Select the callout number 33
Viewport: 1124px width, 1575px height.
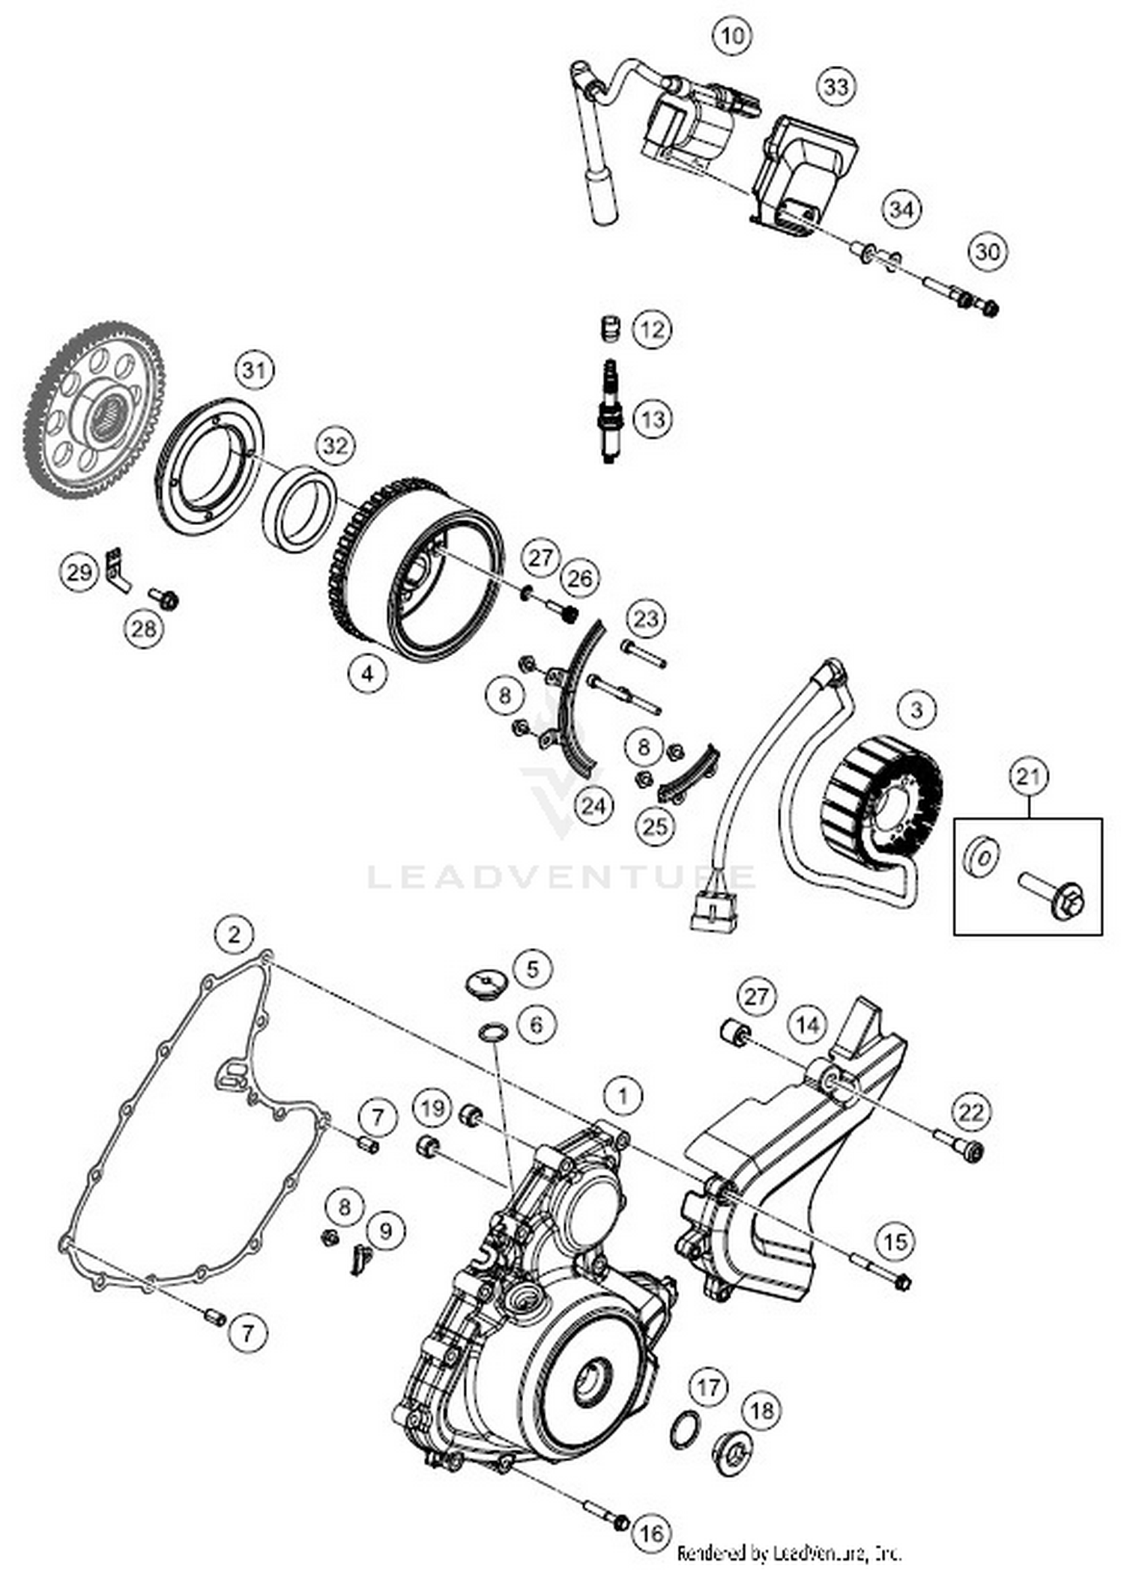point(836,87)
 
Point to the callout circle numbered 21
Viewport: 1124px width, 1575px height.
point(1028,777)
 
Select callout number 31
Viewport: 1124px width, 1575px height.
point(254,370)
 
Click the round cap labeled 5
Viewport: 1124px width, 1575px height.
point(485,981)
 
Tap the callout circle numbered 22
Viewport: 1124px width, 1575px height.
point(970,1111)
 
